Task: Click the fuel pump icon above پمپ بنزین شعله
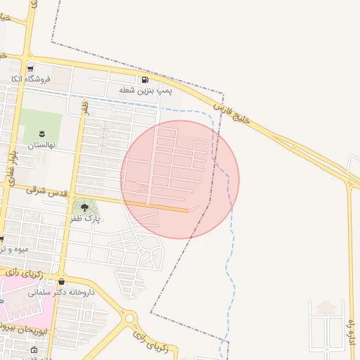pos(145,80)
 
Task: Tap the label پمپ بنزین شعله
pos(146,91)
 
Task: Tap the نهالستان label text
pos(41,146)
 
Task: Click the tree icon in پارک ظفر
pos(85,207)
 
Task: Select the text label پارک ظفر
pos(85,219)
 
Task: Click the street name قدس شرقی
pos(47,191)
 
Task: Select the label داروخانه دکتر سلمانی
pos(60,292)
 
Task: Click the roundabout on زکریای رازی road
pos(128,319)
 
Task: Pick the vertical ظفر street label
pos(85,108)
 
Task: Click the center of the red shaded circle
pos(180,179)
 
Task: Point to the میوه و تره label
pos(14,249)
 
